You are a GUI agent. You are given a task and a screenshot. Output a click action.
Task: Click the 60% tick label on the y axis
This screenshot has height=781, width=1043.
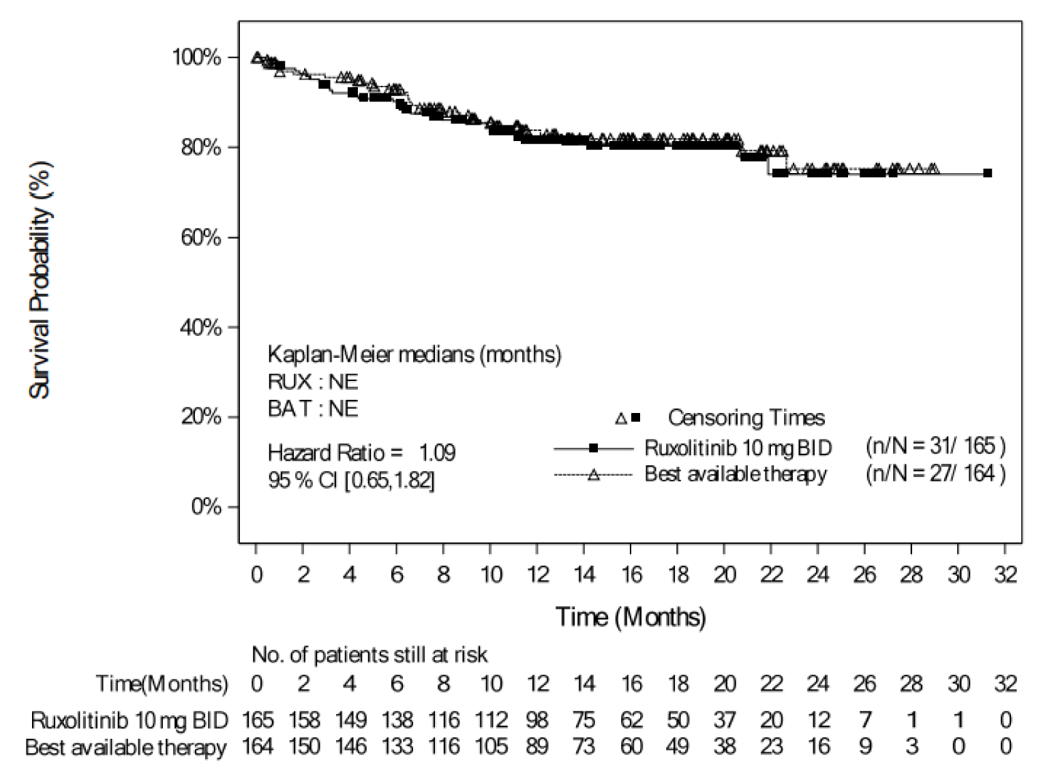[201, 238]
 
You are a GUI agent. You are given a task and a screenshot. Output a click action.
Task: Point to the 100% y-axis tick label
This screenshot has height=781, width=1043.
[197, 57]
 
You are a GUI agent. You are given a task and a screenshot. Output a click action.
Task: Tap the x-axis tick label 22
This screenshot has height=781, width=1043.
[771, 575]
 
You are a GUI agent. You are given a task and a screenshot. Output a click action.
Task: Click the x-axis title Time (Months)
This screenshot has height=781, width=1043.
[631, 617]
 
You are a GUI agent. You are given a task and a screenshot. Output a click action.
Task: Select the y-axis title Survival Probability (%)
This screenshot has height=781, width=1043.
[40, 280]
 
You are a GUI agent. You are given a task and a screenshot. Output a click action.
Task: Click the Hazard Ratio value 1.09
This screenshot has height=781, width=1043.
[437, 453]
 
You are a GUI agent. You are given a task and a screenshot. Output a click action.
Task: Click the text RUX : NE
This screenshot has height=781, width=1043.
[313, 382]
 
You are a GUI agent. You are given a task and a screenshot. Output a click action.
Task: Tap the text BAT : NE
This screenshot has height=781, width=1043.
[313, 409]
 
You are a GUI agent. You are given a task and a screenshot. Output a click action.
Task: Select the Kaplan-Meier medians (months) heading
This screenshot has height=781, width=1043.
[414, 354]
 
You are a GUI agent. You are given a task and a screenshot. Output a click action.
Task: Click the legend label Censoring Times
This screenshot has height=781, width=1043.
[746, 418]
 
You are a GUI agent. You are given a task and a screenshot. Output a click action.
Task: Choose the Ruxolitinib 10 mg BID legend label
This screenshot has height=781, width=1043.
[738, 448]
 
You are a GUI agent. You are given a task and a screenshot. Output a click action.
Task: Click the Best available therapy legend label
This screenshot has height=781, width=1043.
[736, 474]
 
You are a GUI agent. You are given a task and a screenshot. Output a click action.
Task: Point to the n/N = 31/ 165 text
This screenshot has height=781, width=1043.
[935, 446]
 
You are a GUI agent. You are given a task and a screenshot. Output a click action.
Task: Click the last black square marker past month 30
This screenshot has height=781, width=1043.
[987, 173]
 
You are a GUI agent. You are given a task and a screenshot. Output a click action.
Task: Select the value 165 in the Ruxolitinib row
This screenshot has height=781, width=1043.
[258, 720]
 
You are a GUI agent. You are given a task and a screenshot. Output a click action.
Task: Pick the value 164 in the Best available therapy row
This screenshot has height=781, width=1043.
[258, 747]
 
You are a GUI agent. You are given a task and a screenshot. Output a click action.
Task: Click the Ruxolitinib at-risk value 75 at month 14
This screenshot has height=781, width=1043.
[584, 720]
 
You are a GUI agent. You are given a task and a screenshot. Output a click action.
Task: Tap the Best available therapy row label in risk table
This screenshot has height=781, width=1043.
[126, 748]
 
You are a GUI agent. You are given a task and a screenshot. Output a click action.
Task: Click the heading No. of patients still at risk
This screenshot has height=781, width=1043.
[369, 655]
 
